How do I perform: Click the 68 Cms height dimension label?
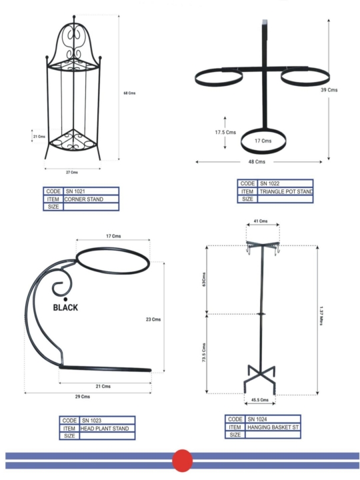(129, 93)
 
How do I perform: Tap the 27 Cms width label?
(72, 173)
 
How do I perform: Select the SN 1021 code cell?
(91, 191)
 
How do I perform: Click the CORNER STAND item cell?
(91, 199)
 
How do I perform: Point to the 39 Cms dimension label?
(329, 90)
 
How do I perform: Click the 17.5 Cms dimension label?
(225, 132)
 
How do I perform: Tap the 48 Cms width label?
(257, 161)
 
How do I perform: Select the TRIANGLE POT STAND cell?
(285, 191)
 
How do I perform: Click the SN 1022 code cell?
(285, 184)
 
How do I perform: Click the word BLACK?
(65, 307)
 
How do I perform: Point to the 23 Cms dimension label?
(153, 319)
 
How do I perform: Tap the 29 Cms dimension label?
(83, 397)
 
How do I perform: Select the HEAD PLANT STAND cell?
(107, 428)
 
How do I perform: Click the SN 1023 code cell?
(107, 421)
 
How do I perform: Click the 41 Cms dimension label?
(261, 221)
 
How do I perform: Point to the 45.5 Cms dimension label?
(260, 400)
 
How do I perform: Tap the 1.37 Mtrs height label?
(321, 315)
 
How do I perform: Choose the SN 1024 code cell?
(273, 419)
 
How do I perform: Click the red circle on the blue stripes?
(183, 461)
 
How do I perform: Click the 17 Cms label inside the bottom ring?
(263, 141)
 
